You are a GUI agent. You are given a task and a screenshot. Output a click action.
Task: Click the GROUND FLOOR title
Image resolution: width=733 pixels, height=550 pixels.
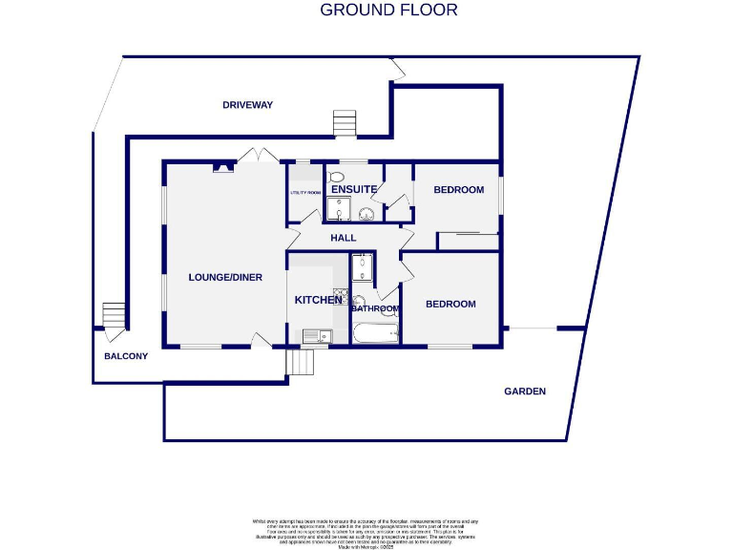click(388, 11)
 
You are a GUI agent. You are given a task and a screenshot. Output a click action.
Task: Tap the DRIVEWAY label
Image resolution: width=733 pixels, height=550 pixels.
click(247, 105)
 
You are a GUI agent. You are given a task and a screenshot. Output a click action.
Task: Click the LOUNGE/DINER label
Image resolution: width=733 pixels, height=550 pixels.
click(225, 278)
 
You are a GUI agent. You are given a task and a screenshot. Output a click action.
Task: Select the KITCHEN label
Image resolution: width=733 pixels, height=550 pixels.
click(318, 300)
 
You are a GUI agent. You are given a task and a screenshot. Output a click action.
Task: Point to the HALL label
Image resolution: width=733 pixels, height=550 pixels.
click(343, 238)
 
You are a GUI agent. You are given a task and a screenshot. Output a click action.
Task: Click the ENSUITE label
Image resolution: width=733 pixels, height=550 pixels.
click(354, 190)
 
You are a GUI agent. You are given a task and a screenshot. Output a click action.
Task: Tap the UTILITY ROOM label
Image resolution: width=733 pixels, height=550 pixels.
click(305, 193)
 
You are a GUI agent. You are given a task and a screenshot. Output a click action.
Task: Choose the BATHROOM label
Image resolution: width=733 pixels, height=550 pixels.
click(375, 309)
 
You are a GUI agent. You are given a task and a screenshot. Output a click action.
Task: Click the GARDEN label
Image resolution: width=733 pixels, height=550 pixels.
click(525, 391)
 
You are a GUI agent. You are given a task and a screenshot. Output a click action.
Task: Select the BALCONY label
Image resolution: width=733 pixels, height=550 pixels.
click(126, 357)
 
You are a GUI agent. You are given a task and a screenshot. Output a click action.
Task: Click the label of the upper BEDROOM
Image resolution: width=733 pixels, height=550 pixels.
click(459, 190)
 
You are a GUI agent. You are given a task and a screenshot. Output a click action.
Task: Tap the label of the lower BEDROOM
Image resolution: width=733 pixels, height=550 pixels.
click(450, 305)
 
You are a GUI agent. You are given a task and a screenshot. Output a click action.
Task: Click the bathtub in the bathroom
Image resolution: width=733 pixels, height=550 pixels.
click(375, 334)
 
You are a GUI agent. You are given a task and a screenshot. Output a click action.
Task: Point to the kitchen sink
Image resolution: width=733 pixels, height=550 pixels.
click(315, 335)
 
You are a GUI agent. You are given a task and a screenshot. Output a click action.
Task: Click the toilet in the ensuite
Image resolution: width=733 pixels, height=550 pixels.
click(336, 178)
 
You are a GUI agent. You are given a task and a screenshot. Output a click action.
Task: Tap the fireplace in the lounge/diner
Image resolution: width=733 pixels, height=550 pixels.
click(222, 168)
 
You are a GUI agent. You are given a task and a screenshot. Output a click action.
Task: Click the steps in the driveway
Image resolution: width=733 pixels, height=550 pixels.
click(344, 124)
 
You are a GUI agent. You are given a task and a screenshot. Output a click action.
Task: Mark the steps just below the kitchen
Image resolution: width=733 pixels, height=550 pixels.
click(302, 364)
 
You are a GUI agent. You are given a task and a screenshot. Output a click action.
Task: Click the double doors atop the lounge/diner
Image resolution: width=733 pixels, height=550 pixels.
click(251, 156)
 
